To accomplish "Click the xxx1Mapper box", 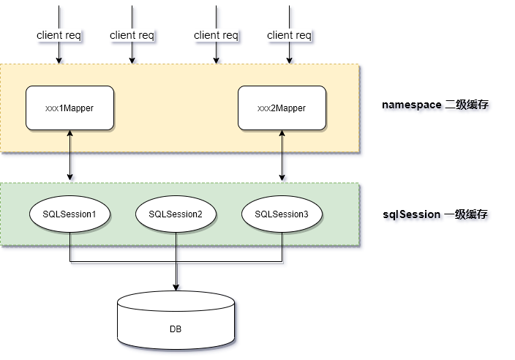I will (69, 108).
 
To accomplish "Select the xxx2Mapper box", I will (282, 108).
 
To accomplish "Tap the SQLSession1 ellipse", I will (69, 214).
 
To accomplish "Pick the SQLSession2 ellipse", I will (176, 214).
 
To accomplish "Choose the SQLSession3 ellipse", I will (282, 214).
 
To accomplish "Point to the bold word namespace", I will (411, 105).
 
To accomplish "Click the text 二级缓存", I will (466, 105).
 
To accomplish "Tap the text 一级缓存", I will (466, 214).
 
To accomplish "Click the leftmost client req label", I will (59, 35).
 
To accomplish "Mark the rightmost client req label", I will (289, 35).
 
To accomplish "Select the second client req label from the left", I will (132, 35).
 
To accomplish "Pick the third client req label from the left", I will (216, 35).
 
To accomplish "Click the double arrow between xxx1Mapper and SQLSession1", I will (69, 155).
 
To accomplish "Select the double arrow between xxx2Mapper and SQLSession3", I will (282, 155).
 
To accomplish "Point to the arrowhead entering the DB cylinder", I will (176, 286).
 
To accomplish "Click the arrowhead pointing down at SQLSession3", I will (282, 178).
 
